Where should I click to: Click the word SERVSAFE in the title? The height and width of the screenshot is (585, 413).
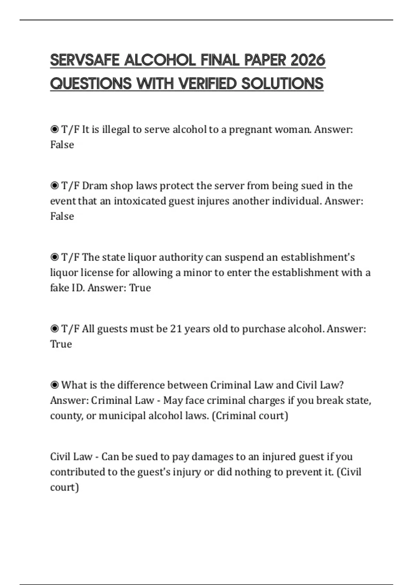pos(85,61)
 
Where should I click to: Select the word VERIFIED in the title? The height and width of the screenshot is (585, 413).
pos(208,84)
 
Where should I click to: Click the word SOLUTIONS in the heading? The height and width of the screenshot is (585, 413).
pos(282,84)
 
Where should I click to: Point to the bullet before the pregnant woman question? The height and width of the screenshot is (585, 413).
pos(54,129)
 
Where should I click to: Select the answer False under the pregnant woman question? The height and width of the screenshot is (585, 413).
pos(62,145)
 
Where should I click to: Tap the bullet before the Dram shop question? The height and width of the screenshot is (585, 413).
pos(54,186)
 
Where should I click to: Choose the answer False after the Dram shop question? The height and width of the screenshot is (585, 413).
pos(62,216)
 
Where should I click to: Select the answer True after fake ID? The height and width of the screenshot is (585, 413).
pos(140,288)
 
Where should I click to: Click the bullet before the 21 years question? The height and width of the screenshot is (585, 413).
pos(54,329)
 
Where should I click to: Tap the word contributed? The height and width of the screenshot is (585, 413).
pos(78,472)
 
